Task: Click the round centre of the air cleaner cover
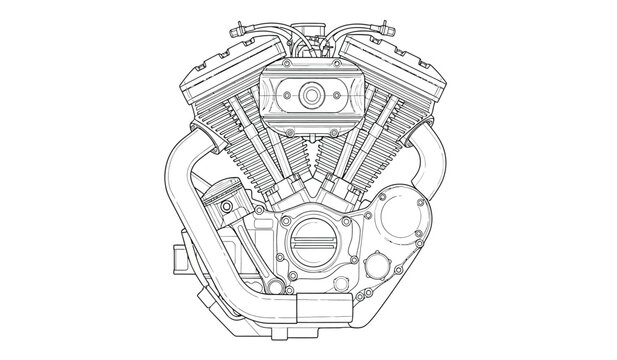click(x=309, y=95)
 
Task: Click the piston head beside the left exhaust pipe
click(x=225, y=193)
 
